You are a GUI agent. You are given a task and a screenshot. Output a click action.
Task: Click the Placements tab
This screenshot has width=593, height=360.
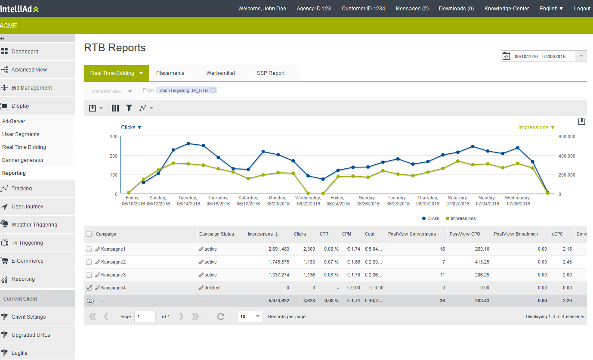pyautogui.click(x=170, y=73)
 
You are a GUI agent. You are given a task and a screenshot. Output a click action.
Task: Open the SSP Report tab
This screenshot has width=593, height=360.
pyautogui.click(x=271, y=73)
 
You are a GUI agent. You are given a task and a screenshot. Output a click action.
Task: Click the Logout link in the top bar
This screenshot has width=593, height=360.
pyautogui.click(x=582, y=9)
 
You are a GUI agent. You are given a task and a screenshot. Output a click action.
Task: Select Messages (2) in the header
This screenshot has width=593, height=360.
pyautogui.click(x=412, y=9)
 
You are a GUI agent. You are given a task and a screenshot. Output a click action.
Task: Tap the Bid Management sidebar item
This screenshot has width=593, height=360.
pyautogui.click(x=31, y=88)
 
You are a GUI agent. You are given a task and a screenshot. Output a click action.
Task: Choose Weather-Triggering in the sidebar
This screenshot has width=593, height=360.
pyautogui.click(x=34, y=225)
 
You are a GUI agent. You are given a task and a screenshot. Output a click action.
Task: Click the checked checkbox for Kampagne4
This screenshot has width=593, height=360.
pyautogui.click(x=89, y=288)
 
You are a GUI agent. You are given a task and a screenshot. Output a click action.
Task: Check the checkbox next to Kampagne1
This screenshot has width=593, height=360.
pyautogui.click(x=89, y=249)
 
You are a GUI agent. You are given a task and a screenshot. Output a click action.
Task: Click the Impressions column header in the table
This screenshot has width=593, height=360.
pyautogui.click(x=260, y=234)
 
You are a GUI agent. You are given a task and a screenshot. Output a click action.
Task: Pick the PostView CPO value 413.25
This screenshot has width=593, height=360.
pyautogui.click(x=482, y=262)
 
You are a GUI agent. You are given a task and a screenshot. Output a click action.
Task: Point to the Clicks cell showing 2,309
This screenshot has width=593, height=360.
pyautogui.click(x=309, y=249)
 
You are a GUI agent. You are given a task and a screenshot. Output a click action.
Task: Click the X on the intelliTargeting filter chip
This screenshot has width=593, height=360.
pyautogui.click(x=213, y=90)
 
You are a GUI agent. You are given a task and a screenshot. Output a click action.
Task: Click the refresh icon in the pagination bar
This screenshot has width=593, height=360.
pyautogui.click(x=221, y=317)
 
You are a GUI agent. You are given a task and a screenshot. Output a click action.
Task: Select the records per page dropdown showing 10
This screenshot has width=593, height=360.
pyautogui.click(x=250, y=317)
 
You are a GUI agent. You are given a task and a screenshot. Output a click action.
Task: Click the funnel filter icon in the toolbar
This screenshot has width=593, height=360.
pyautogui.click(x=129, y=108)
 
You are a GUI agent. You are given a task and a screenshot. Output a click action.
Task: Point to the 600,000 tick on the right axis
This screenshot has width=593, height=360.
pyautogui.click(x=567, y=137)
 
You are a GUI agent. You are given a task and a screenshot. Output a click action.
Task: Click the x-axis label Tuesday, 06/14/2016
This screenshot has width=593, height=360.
pyautogui.click(x=188, y=201)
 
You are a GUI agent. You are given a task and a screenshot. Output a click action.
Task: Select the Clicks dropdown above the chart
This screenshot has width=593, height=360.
pyautogui.click(x=131, y=127)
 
